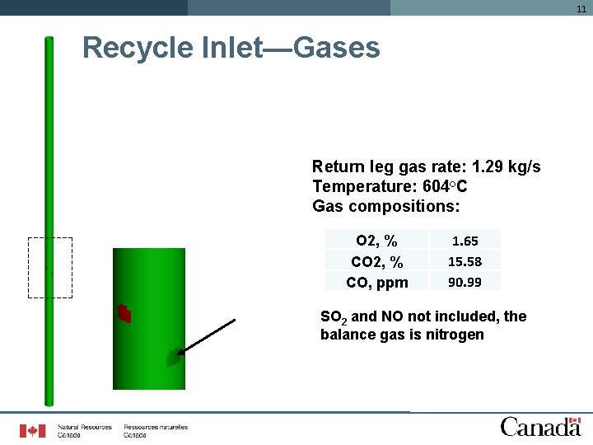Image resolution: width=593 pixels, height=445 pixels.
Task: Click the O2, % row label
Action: tap(376, 241)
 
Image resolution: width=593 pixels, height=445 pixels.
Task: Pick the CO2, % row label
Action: tap(376, 262)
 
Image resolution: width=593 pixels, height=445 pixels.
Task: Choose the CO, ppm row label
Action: tap(376, 283)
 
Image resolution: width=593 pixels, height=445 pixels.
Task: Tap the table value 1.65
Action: tap(465, 241)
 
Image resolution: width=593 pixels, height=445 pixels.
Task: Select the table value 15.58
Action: tap(465, 262)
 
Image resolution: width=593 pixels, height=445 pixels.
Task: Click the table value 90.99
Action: tap(465, 283)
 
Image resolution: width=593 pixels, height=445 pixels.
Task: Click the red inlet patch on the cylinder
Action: tap(124, 313)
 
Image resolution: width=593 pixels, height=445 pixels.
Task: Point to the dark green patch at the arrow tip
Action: tap(173, 358)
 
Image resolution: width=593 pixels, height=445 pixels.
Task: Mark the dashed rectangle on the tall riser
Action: tap(50, 267)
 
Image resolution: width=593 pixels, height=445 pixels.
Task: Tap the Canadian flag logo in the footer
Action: tap(33, 430)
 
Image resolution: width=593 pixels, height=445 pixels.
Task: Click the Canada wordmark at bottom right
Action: tap(540, 426)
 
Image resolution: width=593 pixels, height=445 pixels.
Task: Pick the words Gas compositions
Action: tap(386, 205)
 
